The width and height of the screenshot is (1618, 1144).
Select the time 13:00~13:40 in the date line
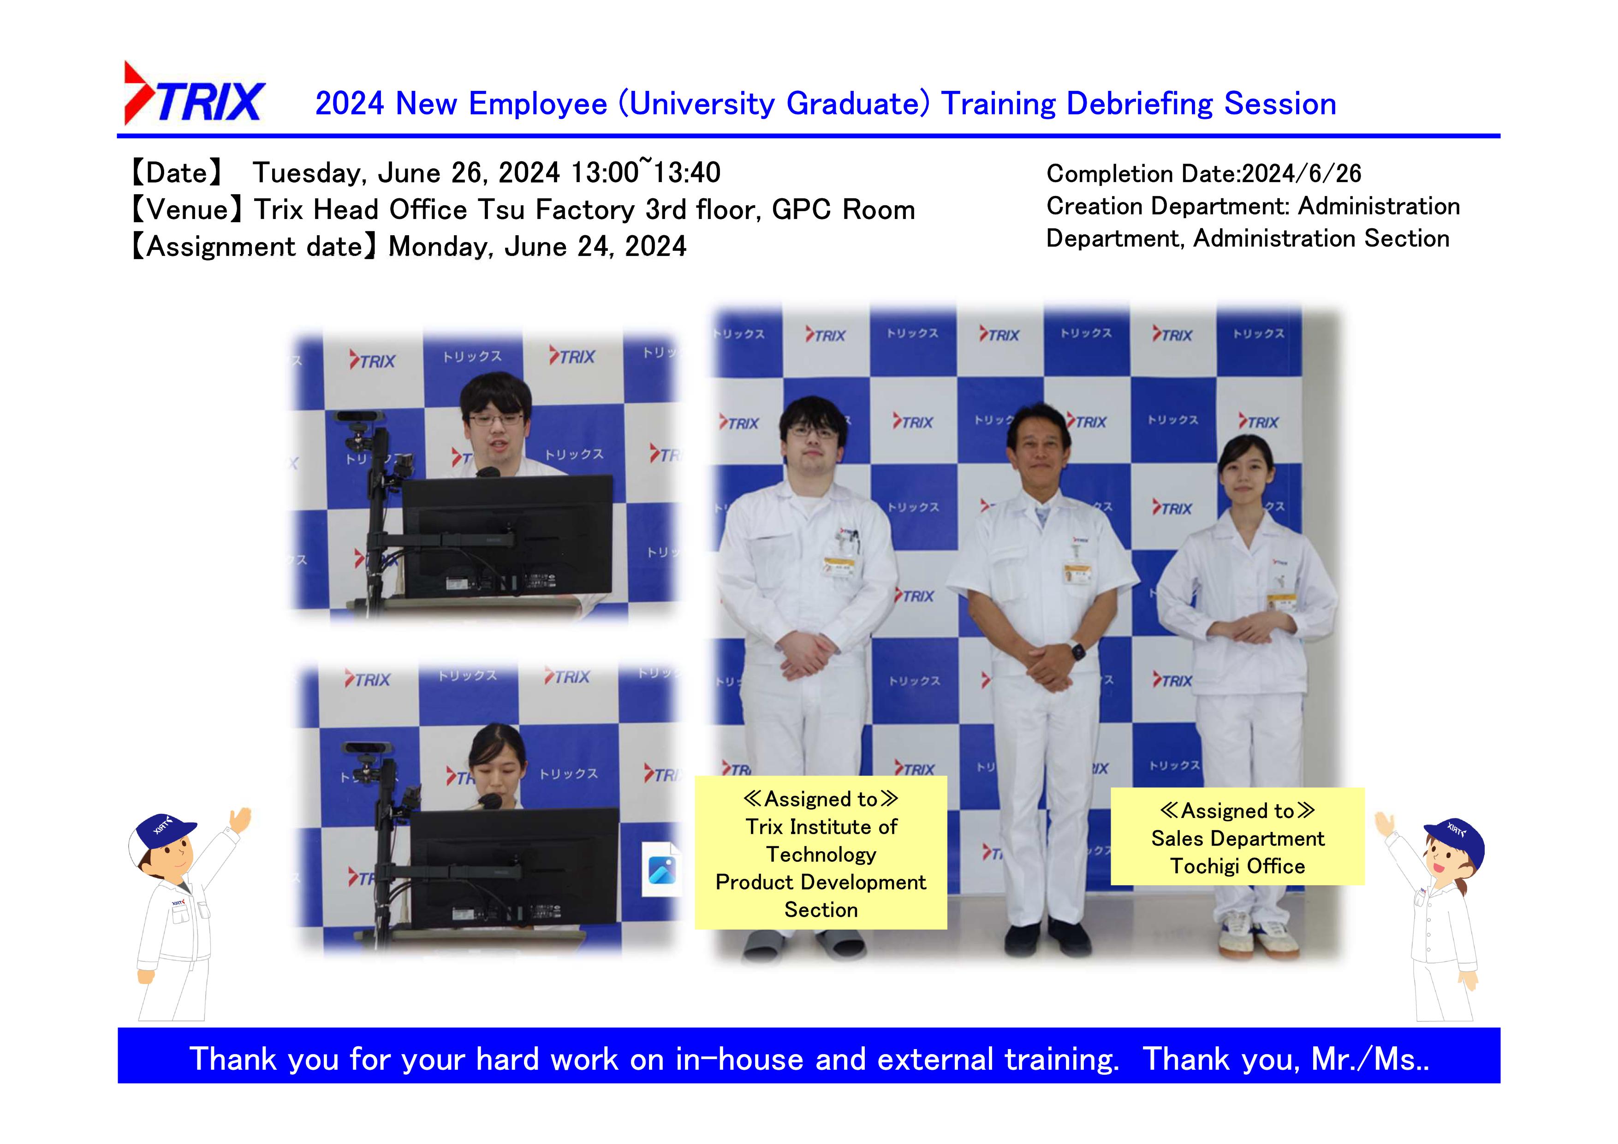646,172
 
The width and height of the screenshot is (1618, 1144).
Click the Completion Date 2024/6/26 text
1204,173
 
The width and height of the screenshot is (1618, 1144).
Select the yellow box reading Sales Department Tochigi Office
1237,836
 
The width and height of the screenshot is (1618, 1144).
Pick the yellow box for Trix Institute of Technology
821,853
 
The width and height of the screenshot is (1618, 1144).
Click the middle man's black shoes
1047,937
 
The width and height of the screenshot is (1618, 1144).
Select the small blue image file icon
662,869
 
